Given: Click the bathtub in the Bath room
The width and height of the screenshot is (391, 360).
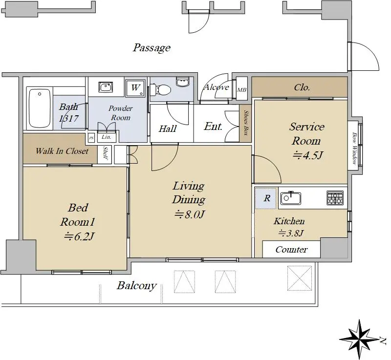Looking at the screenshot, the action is [x=40, y=108].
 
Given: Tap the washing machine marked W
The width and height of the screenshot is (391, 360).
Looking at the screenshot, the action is [x=135, y=88].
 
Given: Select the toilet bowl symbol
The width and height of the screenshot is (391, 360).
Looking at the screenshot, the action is [x=160, y=89].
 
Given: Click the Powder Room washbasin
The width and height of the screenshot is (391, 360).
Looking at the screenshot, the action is [x=106, y=87].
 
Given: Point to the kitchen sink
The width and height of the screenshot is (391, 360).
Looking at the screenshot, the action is [x=290, y=198].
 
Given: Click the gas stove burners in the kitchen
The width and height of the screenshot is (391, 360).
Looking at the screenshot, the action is [x=335, y=198].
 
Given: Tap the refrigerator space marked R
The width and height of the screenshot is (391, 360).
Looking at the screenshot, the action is [x=265, y=198].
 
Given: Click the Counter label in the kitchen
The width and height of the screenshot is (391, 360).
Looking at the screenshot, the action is [x=291, y=250].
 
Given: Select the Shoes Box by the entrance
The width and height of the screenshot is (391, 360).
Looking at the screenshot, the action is [x=245, y=123].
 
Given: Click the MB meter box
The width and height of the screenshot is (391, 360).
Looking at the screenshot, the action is [x=241, y=89].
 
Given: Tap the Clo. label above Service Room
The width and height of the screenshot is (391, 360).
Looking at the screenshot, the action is [x=302, y=87].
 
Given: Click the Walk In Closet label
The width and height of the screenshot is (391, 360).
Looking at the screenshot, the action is [x=62, y=151].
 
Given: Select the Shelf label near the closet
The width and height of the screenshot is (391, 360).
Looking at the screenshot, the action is [x=105, y=153].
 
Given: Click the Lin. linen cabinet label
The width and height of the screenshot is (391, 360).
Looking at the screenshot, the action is [x=106, y=137].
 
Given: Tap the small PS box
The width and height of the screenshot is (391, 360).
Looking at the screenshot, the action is [x=91, y=138].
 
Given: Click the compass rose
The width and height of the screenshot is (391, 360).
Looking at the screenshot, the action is [x=359, y=339].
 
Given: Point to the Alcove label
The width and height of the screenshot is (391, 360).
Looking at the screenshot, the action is [x=217, y=87].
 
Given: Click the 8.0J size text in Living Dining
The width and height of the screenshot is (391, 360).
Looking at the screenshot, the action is [x=190, y=214].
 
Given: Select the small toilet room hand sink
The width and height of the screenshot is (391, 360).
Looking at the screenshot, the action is [x=182, y=81].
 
